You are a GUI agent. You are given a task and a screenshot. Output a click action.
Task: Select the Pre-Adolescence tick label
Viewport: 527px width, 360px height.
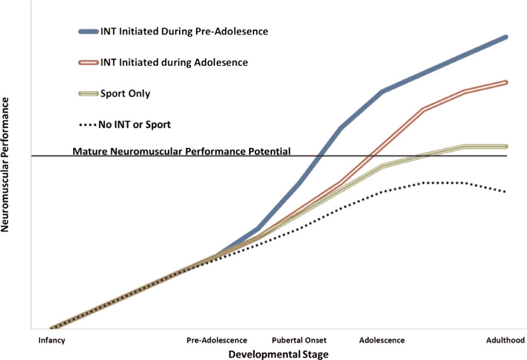217,340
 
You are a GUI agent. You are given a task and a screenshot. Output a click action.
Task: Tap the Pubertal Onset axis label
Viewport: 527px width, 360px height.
299,340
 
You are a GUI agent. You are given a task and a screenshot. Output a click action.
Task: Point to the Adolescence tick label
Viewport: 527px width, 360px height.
382,340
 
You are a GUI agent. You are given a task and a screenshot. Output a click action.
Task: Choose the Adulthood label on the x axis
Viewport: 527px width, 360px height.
505,340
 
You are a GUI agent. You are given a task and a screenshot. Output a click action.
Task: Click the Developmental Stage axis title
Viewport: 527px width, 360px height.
278,354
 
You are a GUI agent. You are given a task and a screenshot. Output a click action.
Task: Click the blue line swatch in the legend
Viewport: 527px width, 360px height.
88,31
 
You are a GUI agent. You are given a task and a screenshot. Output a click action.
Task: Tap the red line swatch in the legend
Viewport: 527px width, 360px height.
88,63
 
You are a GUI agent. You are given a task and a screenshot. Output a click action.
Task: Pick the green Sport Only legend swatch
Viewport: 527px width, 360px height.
88,94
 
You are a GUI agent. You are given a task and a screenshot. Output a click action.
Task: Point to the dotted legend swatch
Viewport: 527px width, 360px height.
88,125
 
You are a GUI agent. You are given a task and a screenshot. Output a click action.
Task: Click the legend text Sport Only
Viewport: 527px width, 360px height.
126,94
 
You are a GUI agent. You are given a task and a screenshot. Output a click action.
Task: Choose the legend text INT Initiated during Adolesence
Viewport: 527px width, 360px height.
174,63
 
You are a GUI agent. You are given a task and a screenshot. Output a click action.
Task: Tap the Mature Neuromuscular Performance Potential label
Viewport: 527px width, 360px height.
182,151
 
